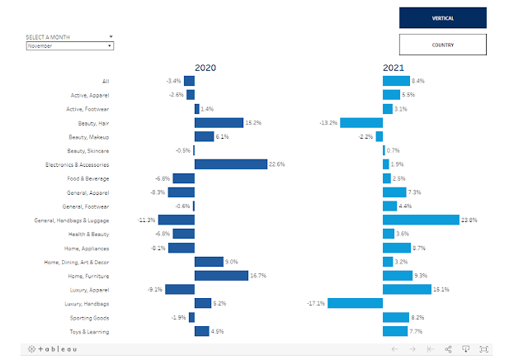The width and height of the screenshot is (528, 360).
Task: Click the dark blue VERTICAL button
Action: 442,17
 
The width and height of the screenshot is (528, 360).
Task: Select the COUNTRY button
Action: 442,45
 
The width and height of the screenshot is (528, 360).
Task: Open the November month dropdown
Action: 69,46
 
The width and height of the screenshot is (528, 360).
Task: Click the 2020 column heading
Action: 205,68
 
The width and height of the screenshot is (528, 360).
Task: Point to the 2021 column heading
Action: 394,68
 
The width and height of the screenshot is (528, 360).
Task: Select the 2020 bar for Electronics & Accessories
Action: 230,164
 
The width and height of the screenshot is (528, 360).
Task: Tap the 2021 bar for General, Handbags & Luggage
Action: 421,220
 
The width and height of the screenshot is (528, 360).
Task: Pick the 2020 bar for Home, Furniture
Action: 221,276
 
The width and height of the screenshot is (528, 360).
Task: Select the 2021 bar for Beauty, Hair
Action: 361,122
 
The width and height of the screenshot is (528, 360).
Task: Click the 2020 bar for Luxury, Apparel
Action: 180,290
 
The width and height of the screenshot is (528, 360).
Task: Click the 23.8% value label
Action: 469,220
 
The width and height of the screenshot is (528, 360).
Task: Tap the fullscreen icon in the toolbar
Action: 484,349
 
